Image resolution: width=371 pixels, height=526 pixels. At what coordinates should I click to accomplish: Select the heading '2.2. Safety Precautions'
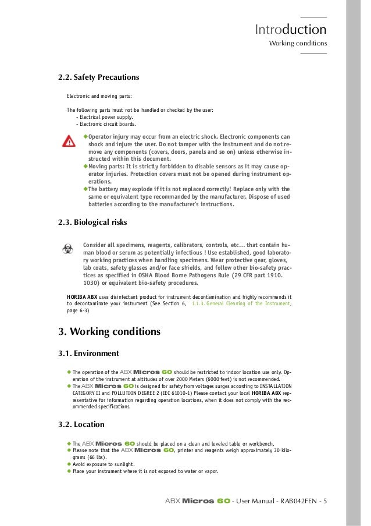tap(98, 77)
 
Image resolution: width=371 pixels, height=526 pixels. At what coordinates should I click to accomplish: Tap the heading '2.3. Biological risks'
tap(92, 222)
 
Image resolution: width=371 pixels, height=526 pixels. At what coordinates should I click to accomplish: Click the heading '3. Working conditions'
tap(109, 332)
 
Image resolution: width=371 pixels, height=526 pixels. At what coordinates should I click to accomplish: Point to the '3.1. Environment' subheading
tap(88, 353)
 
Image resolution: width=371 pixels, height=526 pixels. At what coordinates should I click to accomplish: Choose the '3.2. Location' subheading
tap(81, 424)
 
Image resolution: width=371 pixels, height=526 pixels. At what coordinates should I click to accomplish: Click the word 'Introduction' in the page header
tap(290, 29)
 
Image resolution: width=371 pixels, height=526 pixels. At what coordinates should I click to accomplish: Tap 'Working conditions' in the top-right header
tap(298, 44)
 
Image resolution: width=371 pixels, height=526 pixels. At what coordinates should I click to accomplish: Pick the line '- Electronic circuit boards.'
tap(106, 124)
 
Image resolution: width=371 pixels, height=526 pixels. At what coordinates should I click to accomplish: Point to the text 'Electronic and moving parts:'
tap(99, 96)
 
